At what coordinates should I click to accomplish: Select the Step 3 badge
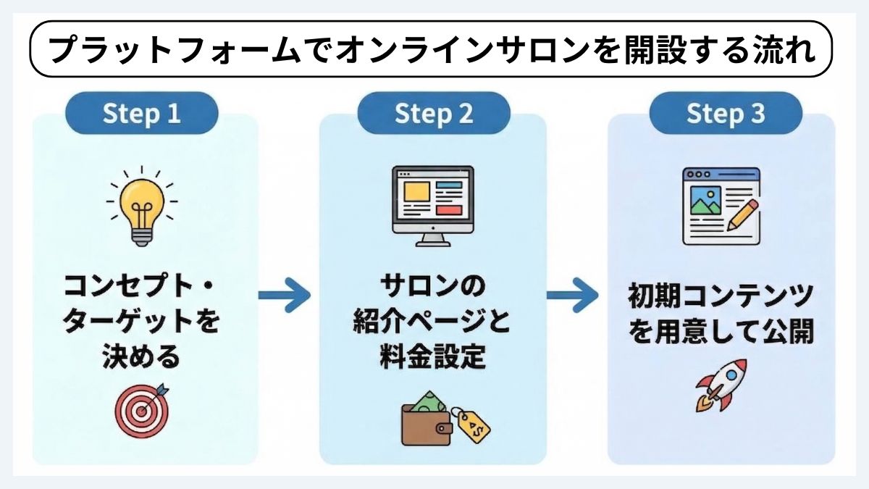tap(725, 114)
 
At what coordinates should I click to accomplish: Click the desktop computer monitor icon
tap(432, 205)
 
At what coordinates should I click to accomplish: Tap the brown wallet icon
tap(427, 427)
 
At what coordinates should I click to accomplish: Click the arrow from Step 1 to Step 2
tap(284, 295)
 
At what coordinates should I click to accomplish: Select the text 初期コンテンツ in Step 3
tap(721, 297)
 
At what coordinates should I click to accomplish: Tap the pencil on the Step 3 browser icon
tap(742, 215)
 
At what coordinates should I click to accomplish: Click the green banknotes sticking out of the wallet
tap(429, 403)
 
